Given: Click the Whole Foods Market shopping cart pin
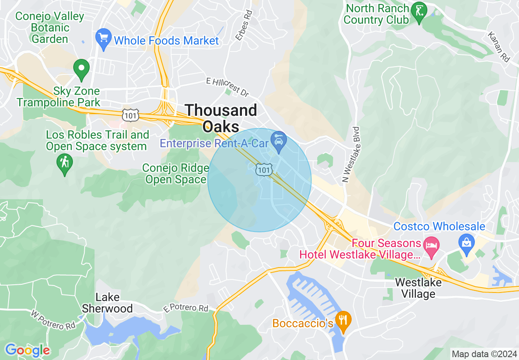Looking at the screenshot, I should coord(104,39).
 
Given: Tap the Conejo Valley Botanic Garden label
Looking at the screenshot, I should coord(50,28).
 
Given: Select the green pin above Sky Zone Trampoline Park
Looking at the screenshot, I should coord(81,69).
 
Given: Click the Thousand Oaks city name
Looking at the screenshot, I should coord(221,118).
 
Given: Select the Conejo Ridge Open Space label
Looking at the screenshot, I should coord(174,174).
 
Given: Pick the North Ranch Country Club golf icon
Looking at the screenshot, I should coord(419,10).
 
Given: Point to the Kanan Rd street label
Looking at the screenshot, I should coord(499,47).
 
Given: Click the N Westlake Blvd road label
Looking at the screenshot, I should coord(352,154).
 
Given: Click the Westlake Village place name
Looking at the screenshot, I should coord(418,288).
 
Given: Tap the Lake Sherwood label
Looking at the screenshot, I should coord(107,303).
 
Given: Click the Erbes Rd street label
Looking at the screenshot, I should coord(244,25).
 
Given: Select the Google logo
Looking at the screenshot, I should coord(27,350).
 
